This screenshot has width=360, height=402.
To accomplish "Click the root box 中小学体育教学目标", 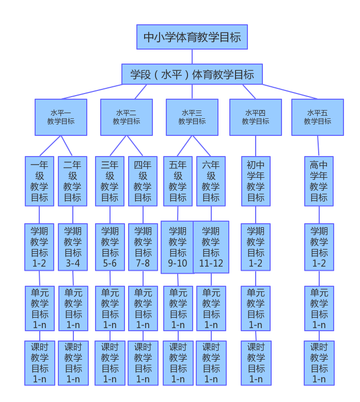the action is (x=192, y=37).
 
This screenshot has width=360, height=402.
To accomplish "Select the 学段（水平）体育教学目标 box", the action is (x=192, y=74).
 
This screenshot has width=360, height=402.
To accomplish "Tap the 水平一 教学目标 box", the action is (x=61, y=117).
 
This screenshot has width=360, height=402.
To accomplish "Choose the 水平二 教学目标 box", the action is (x=127, y=117).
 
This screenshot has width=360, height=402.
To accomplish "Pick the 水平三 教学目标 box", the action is (x=192, y=117).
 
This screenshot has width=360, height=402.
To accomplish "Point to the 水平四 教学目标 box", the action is (x=256, y=117).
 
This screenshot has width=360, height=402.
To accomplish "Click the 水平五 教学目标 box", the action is (x=318, y=117).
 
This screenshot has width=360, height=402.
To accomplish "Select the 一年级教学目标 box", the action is (x=39, y=181).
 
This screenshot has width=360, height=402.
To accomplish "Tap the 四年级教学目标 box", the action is (x=143, y=181).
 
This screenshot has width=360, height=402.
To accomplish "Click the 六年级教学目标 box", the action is (x=211, y=181).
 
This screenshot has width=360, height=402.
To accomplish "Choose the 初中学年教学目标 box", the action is (x=256, y=181).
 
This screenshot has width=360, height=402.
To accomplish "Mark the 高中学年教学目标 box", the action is (x=319, y=181).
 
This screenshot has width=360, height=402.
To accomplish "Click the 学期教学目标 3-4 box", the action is (x=73, y=247).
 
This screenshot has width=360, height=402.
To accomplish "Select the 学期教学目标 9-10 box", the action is (x=177, y=247).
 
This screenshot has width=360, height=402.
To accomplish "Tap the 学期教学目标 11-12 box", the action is (x=211, y=247).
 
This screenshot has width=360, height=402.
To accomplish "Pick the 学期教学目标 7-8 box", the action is (x=143, y=247).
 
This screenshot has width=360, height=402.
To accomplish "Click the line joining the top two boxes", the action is (x=192, y=57).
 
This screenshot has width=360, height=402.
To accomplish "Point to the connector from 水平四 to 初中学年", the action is (x=256, y=146).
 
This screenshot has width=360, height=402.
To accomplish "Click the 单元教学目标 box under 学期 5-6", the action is (x=110, y=308).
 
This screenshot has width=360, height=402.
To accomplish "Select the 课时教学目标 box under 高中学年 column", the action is (x=319, y=363).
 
